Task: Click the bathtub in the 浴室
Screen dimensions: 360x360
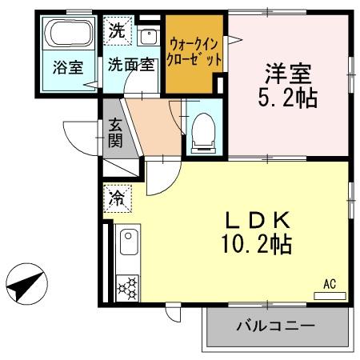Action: (x=70, y=36)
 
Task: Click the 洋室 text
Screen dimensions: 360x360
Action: (x=290, y=74)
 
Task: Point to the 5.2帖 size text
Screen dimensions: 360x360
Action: (x=290, y=98)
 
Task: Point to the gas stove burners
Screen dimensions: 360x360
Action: (x=127, y=286)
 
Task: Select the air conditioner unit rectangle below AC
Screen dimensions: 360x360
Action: (x=330, y=294)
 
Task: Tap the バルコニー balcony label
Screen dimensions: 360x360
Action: (x=274, y=326)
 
